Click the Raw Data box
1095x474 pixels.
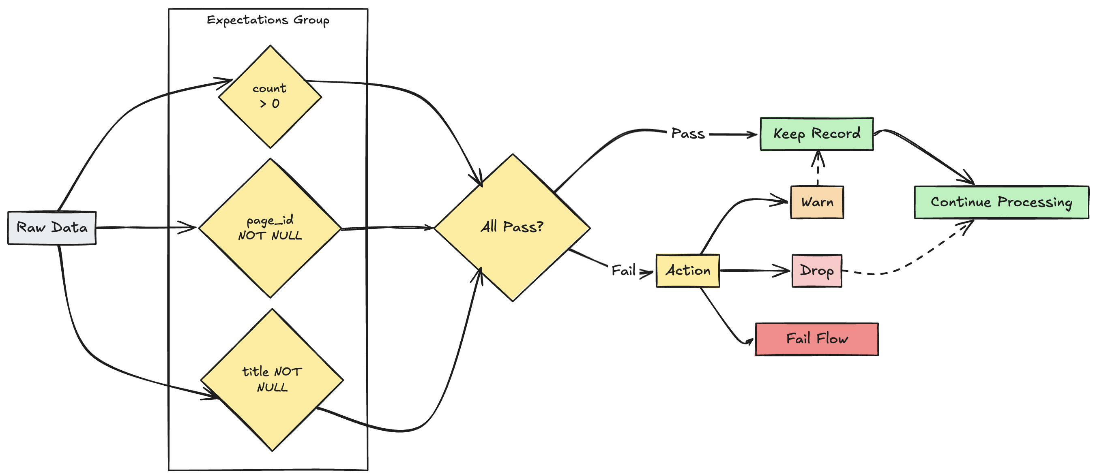[x=52, y=228]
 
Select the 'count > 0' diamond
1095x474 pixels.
[x=270, y=96]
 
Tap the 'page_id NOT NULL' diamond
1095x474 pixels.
[x=270, y=228]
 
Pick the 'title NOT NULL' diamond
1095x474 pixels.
[x=272, y=379]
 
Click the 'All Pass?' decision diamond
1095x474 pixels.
[x=512, y=227]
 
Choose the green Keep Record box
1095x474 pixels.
[x=816, y=134]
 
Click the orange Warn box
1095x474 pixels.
[x=816, y=202]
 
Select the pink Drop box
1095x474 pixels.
[x=816, y=271]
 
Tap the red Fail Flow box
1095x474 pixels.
[x=816, y=339]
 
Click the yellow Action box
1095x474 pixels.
[x=687, y=271]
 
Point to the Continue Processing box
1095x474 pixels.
[x=1001, y=202]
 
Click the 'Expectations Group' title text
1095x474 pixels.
[x=268, y=20]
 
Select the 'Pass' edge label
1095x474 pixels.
[x=687, y=134]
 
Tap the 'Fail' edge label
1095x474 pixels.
[x=623, y=271]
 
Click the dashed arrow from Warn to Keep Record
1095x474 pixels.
[x=818, y=170]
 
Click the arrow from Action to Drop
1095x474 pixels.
[x=754, y=270]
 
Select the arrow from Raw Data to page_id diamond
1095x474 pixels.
[x=144, y=228]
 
